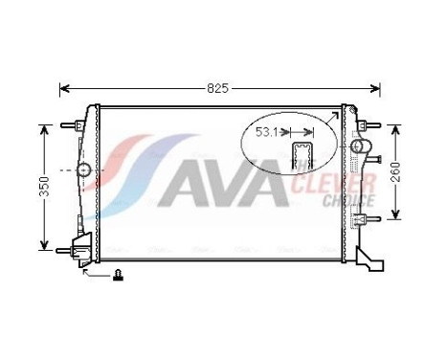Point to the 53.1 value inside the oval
tap(267, 133)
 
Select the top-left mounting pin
tap(68, 124)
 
